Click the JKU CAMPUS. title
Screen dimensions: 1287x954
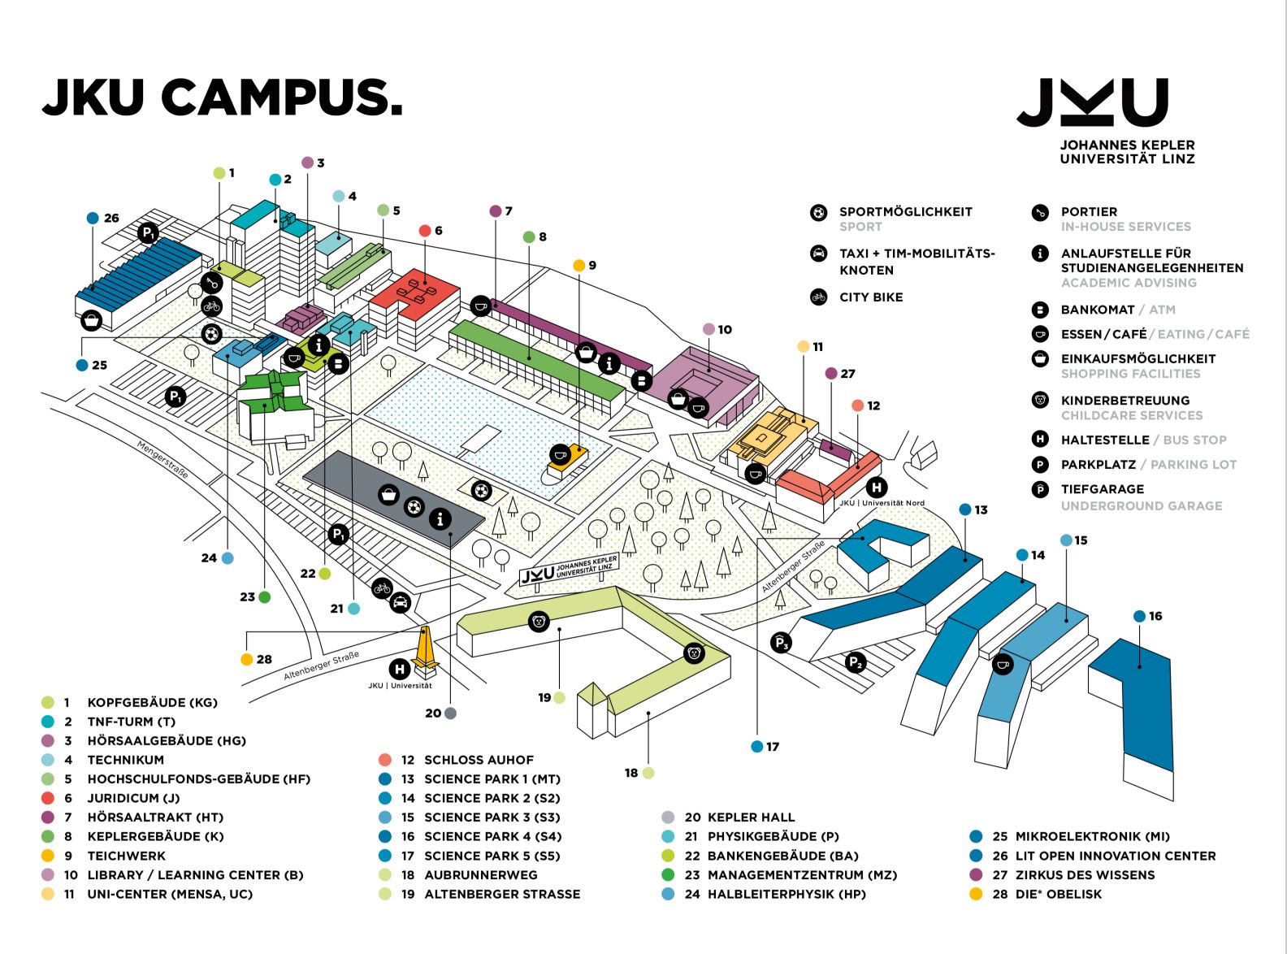click(x=223, y=97)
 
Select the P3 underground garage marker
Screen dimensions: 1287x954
click(x=781, y=643)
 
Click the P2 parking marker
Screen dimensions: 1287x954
click(x=856, y=662)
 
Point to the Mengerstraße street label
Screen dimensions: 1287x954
click(x=162, y=460)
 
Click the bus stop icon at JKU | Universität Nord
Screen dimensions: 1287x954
click(x=877, y=488)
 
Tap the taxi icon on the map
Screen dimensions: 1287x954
click(x=400, y=602)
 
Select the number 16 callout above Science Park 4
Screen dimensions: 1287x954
click(x=1148, y=616)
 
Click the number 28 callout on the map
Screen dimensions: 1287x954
click(x=256, y=659)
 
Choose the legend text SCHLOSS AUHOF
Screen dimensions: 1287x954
click(x=479, y=760)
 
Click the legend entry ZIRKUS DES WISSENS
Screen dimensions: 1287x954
click(x=1085, y=874)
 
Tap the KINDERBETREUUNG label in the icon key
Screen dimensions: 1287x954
click(x=1125, y=401)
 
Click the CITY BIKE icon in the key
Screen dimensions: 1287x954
click(x=819, y=297)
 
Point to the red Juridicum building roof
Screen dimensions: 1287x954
click(x=415, y=293)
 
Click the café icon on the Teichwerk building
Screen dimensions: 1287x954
click(x=560, y=454)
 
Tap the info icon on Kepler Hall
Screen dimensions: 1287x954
click(x=440, y=518)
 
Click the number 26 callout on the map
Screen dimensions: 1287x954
click(x=102, y=219)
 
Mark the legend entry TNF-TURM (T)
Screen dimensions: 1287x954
click(x=131, y=722)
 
